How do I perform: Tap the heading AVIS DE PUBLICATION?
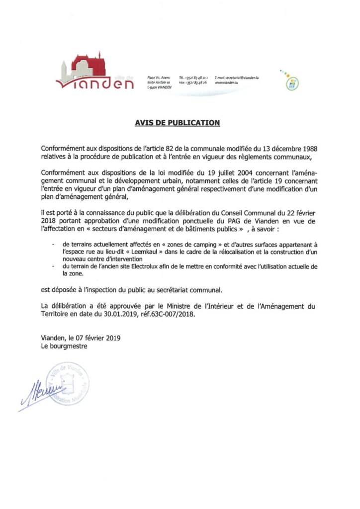click(178, 122)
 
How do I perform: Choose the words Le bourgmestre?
click(64, 346)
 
